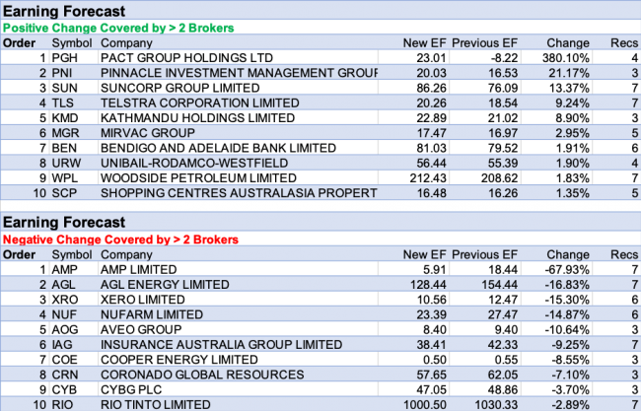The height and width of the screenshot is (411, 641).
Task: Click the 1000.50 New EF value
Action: [x=415, y=403]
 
